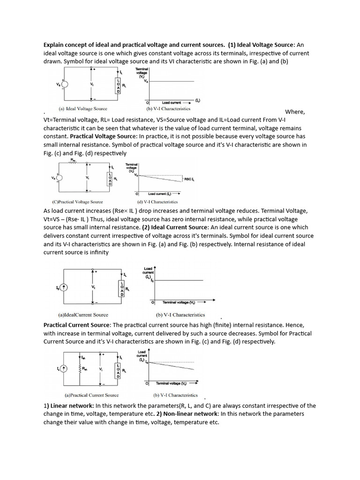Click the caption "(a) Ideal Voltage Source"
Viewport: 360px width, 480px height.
[81, 109]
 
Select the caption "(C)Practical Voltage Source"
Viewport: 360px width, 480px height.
[78, 202]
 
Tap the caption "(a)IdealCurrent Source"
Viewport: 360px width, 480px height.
[83, 315]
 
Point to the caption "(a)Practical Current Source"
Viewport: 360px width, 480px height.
[92, 395]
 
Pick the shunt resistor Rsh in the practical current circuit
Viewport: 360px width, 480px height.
[79, 369]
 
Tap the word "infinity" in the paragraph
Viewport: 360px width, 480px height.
[97, 252]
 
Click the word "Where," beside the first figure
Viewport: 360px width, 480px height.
[295, 112]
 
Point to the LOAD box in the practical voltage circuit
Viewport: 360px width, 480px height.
[110, 179]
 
